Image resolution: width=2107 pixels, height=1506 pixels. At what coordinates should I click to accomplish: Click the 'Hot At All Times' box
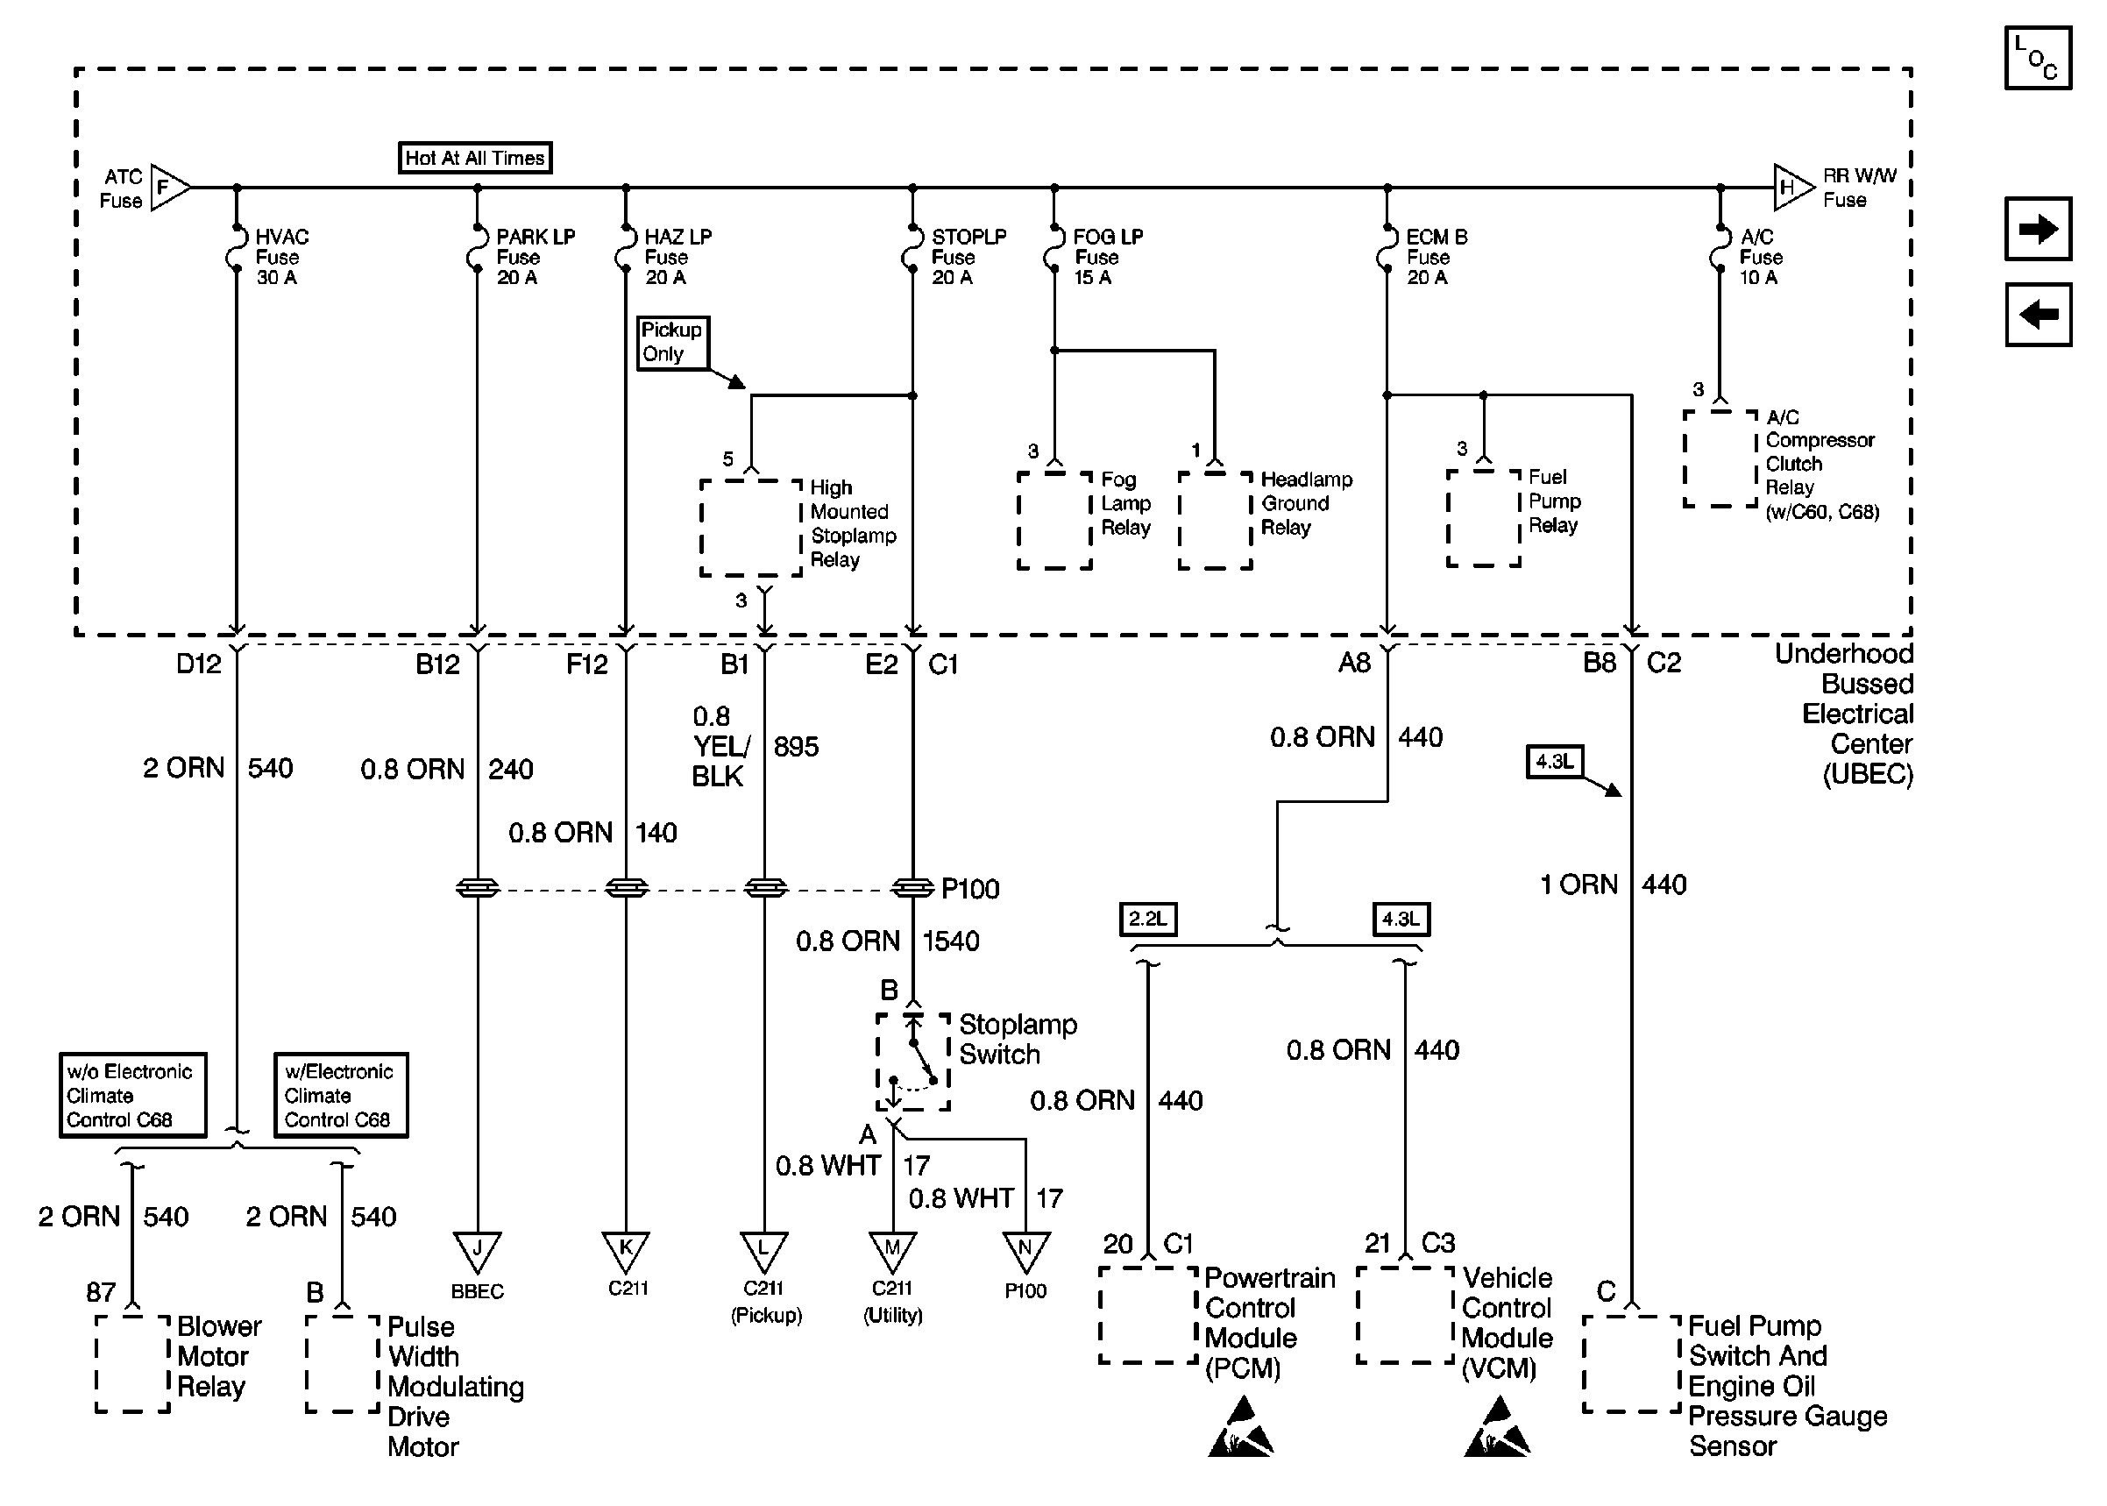click(475, 158)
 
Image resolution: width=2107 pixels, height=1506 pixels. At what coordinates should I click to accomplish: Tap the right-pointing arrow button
click(2038, 228)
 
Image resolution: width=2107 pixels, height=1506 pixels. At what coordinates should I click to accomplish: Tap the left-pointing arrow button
click(2038, 315)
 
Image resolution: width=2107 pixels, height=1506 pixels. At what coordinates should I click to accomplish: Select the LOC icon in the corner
click(2038, 58)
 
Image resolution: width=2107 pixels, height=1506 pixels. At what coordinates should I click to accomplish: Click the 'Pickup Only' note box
click(672, 342)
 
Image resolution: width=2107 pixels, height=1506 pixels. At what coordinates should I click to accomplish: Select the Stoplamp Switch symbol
click(913, 1062)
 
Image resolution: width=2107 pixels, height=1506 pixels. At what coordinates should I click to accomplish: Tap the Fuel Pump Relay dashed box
click(1483, 517)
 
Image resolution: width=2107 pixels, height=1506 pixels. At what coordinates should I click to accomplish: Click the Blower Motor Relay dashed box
click(132, 1363)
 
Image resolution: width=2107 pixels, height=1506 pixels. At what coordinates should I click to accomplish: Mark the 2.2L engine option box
click(1147, 919)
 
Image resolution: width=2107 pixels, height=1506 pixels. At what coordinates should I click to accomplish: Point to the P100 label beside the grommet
click(969, 890)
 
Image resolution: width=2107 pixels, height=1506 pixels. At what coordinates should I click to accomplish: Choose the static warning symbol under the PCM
click(1241, 1428)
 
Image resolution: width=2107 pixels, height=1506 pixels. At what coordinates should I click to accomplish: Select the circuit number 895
click(797, 747)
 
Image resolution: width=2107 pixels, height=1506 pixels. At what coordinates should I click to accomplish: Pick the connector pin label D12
click(198, 664)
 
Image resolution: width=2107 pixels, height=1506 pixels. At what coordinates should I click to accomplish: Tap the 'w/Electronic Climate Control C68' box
click(340, 1095)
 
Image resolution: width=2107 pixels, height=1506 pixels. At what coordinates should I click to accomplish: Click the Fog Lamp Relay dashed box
click(1055, 520)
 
